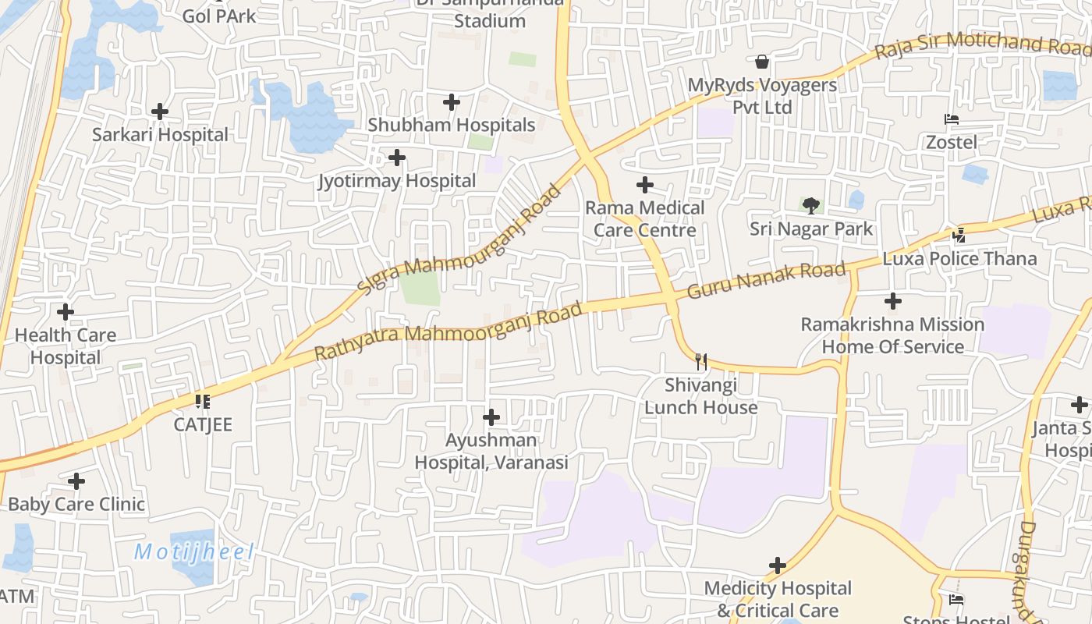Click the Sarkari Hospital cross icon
pyautogui.click(x=160, y=112)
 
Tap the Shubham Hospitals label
pyautogui.click(x=452, y=125)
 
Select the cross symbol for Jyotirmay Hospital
pyautogui.click(x=397, y=158)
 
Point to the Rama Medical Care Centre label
pyautogui.click(x=645, y=219)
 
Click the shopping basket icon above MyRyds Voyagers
pyautogui.click(x=762, y=61)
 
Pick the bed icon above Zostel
pyautogui.click(x=952, y=119)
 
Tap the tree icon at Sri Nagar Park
pyautogui.click(x=811, y=206)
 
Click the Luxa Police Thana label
pyautogui.click(x=960, y=259)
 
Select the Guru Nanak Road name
pyautogui.click(x=766, y=280)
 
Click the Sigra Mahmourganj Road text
pyautogui.click(x=459, y=239)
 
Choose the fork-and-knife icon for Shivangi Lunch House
pyautogui.click(x=701, y=361)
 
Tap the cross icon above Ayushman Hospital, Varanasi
pyautogui.click(x=491, y=417)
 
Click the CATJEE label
pyautogui.click(x=203, y=425)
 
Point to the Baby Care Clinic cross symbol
pyautogui.click(x=76, y=481)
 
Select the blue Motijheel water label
pyautogui.click(x=194, y=552)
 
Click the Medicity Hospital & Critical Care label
pyautogui.click(x=778, y=599)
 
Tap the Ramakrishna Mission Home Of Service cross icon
pyautogui.click(x=893, y=300)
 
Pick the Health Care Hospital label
pyautogui.click(x=66, y=346)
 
